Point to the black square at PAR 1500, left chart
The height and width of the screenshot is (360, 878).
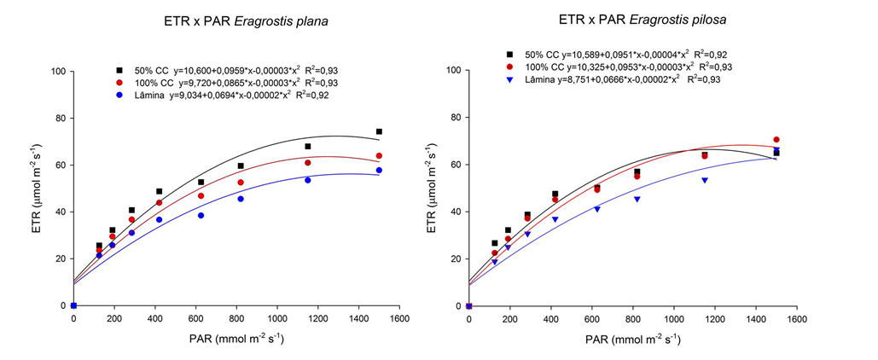coord(379,131)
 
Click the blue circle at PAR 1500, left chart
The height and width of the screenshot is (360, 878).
coord(379,171)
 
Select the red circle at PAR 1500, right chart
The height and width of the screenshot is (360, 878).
coord(776,140)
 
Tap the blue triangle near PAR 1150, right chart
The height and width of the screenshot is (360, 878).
coord(705,180)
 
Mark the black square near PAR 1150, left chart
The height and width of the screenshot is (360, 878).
coord(308,147)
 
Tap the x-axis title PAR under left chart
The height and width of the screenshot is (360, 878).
coord(235,339)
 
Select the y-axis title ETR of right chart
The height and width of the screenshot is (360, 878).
coord(435,187)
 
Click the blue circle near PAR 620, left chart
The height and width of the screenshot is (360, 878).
coord(201,215)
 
